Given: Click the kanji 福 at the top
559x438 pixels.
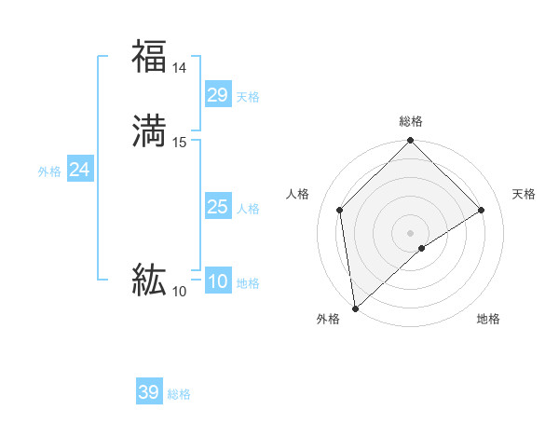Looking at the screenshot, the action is (149, 56).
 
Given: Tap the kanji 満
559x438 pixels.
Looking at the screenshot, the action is (149, 131).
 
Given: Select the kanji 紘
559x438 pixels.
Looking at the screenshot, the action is (149, 280).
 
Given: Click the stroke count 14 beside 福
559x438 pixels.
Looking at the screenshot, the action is (180, 68).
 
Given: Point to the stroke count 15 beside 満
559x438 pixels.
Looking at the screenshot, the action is (180, 143).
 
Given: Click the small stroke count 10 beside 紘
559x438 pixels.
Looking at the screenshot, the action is (179, 292).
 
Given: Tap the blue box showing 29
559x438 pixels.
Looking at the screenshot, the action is (218, 94).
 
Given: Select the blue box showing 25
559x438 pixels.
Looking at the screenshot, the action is (218, 207).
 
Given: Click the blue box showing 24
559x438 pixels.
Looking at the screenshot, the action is (79, 170).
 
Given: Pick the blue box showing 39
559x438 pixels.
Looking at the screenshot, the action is (149, 392).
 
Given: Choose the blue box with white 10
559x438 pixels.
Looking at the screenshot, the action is (218, 281).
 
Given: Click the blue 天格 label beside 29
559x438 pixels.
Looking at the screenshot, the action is (248, 97).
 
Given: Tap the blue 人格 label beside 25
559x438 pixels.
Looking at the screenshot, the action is (248, 209).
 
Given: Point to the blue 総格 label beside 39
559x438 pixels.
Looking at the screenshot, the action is (179, 394).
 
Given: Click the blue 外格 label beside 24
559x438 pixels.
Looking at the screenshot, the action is (49, 171).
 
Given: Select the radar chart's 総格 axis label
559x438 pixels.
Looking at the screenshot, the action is (411, 121).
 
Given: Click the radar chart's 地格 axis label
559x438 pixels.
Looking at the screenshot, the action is (488, 319).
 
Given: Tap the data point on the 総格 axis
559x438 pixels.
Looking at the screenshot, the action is (411, 141).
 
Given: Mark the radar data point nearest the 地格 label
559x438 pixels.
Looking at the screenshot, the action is (422, 248).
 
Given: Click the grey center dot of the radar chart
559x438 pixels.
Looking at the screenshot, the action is (411, 232).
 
